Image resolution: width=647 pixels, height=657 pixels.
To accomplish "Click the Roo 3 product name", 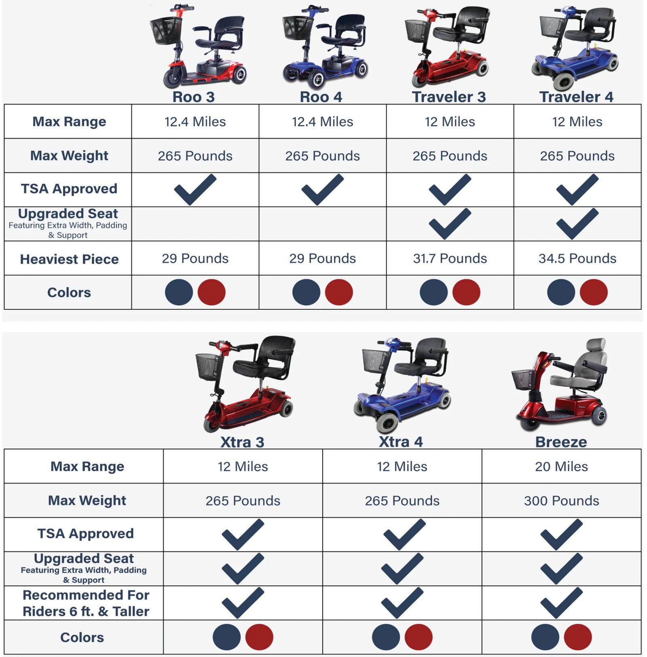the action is (193, 97).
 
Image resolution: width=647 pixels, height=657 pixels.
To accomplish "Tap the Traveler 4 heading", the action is (576, 97).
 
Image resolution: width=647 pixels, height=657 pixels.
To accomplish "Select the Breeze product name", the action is (561, 442).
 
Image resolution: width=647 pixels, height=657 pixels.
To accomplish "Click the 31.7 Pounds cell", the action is (450, 258).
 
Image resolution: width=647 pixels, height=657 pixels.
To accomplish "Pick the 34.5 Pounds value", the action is (577, 258).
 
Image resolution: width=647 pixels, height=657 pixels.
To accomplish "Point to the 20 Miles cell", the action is (561, 466).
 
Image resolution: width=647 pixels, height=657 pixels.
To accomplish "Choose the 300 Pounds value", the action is (561, 501).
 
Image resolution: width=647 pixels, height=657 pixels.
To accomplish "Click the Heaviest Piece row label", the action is (69, 259).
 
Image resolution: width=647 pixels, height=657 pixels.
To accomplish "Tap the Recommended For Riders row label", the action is (86, 603).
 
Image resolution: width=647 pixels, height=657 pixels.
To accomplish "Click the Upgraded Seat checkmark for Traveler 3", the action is (449, 225).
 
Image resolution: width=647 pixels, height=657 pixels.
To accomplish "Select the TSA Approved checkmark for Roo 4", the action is (322, 190).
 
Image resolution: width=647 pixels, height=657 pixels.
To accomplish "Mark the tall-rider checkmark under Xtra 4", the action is (402, 603).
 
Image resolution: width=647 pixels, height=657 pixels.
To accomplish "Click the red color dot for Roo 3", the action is (211, 292).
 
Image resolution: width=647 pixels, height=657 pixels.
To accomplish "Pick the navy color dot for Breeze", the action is (545, 637).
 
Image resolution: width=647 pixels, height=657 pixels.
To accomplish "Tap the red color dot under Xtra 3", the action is (259, 637).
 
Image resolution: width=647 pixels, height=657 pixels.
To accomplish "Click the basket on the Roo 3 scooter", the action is (165, 30).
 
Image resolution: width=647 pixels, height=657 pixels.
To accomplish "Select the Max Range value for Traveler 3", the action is (450, 122).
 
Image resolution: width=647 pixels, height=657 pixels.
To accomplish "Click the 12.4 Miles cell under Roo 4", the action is (322, 122).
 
